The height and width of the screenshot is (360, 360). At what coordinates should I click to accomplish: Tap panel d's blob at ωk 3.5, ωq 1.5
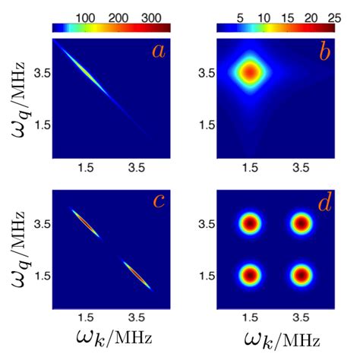302,274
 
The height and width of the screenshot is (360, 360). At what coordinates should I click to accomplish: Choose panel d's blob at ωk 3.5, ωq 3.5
302,223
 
